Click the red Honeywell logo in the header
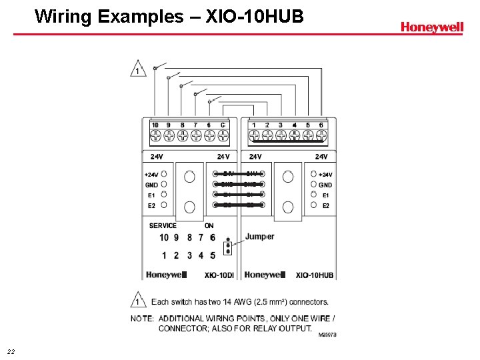click(x=431, y=27)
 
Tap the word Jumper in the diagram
click(x=259, y=237)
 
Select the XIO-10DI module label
click(x=219, y=275)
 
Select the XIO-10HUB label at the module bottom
click(x=314, y=275)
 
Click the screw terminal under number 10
click(x=155, y=135)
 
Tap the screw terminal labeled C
click(x=223, y=135)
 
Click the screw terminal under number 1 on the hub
click(x=254, y=135)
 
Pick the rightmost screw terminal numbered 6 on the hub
click(x=321, y=135)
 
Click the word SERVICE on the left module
click(x=163, y=225)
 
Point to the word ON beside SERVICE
click(x=209, y=225)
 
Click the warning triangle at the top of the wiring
click(x=138, y=69)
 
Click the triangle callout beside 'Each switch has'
click(x=138, y=300)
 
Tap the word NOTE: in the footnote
click(x=143, y=318)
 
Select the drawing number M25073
click(x=327, y=335)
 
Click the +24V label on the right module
click(x=325, y=175)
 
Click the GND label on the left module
click(x=151, y=185)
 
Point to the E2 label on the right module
click(x=325, y=205)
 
